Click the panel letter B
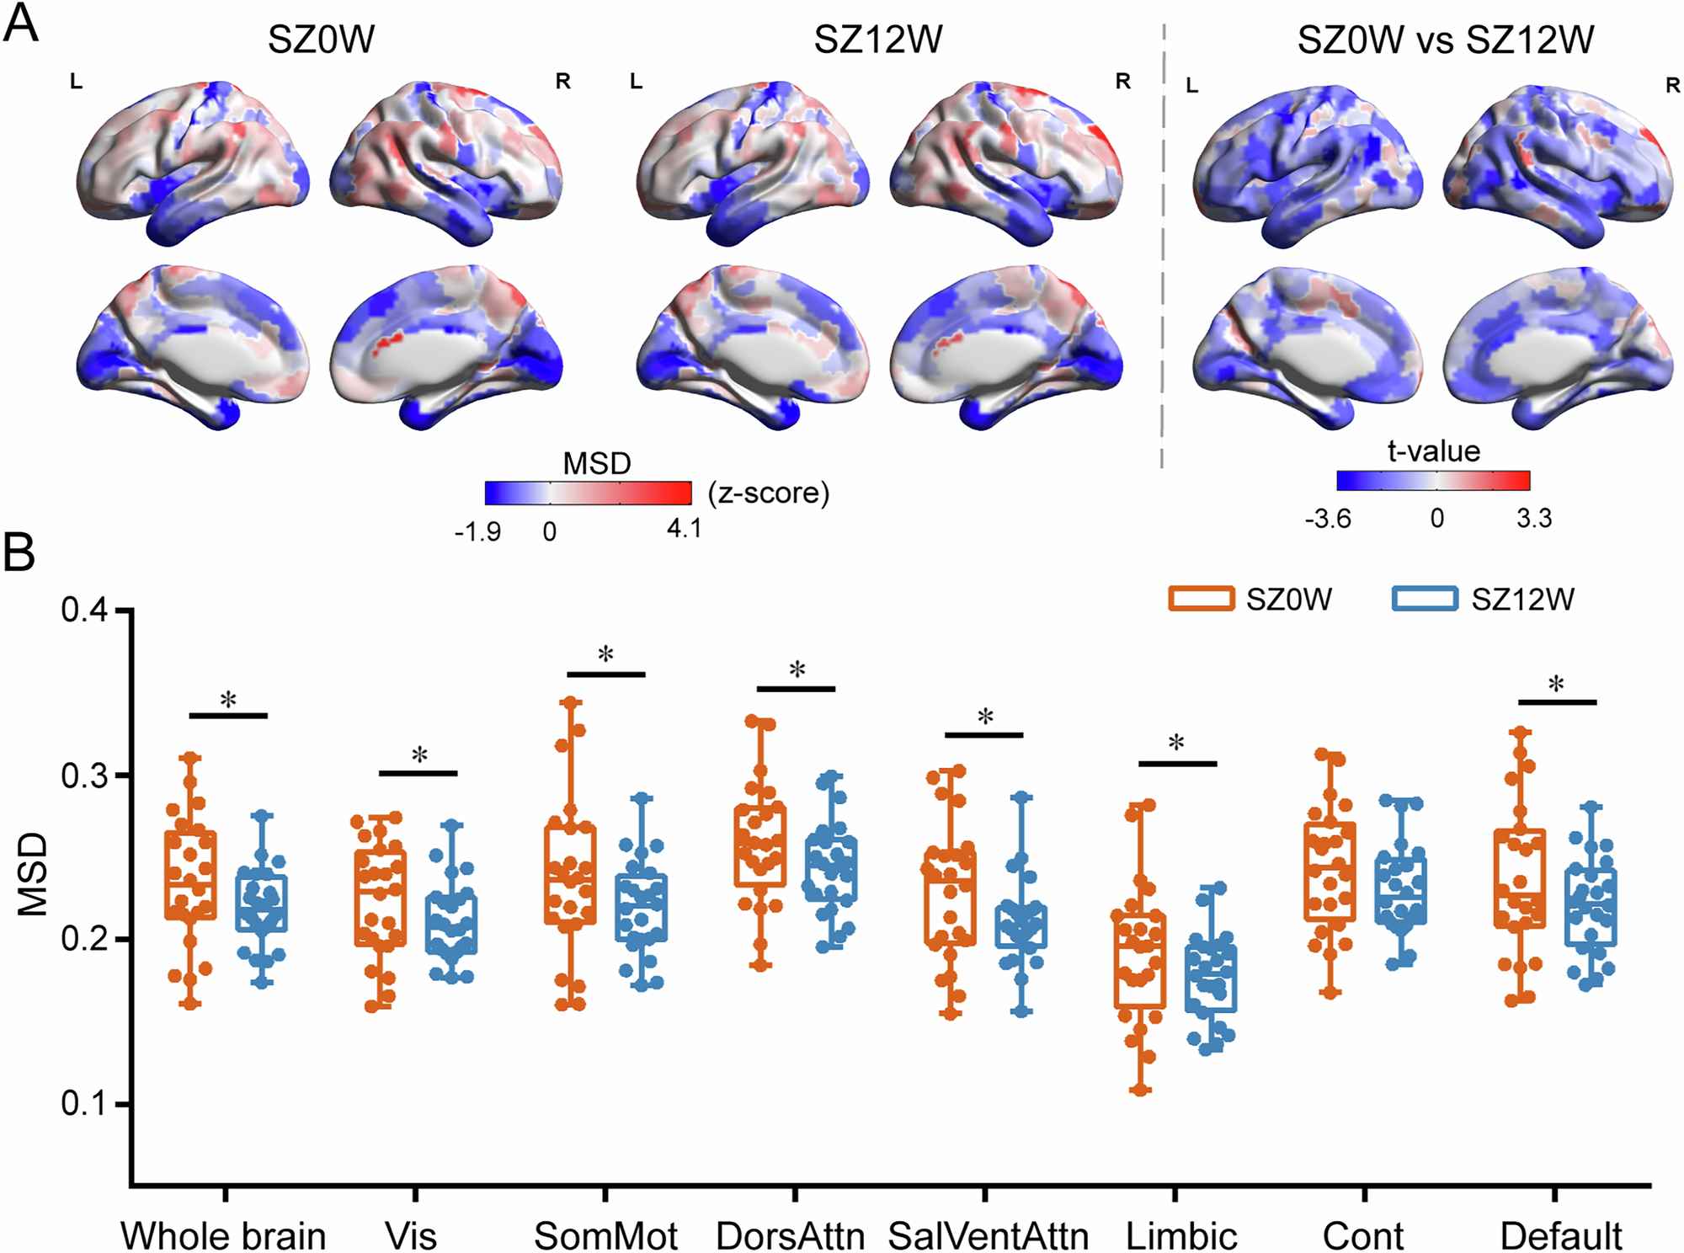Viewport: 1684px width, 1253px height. click(19, 553)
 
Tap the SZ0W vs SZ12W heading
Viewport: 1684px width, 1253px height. click(1445, 40)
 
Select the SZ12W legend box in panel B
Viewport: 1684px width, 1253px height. click(1425, 599)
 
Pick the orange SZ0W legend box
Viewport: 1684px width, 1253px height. click(1201, 599)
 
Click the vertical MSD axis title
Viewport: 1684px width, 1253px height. click(34, 873)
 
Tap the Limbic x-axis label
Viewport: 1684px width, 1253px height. click(1181, 1236)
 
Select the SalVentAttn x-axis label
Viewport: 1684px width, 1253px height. click(988, 1236)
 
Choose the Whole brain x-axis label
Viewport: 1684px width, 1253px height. click(223, 1236)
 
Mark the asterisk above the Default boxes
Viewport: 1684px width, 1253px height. click(1556, 685)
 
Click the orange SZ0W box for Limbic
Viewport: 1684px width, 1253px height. click(1139, 960)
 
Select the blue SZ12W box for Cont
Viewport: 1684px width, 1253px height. click(1401, 891)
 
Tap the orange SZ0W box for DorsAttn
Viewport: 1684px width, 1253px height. click(759, 845)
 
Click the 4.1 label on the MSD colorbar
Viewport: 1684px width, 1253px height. click(683, 529)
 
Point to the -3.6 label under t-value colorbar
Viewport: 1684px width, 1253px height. click(1328, 519)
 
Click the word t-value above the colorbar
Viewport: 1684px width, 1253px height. click(1433, 451)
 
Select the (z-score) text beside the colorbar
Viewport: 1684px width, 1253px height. click(768, 493)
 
